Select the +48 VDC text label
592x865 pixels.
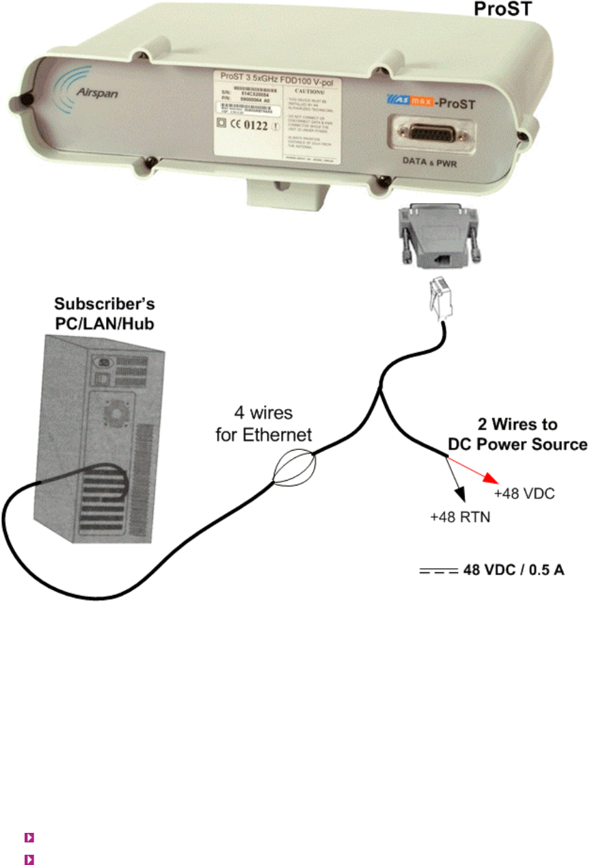tap(524, 493)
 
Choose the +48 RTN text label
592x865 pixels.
tap(460, 518)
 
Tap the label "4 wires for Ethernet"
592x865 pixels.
tap(264, 424)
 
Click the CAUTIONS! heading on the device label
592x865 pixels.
tap(315, 90)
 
